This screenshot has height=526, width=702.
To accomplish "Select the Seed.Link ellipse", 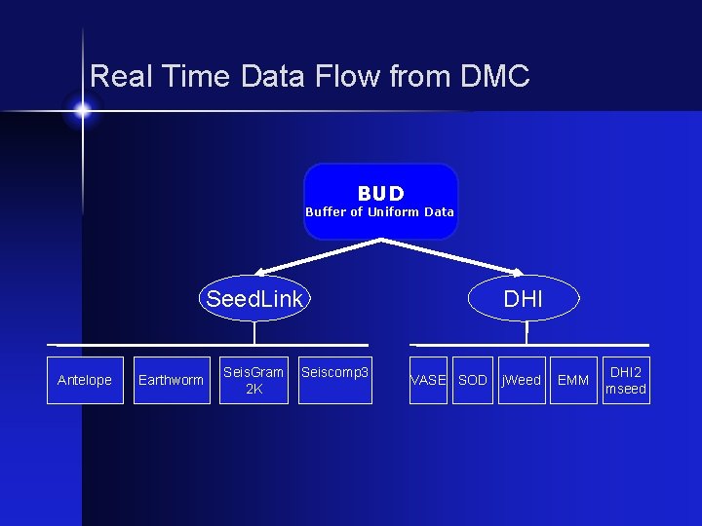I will [254, 299].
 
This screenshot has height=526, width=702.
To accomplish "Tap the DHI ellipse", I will [524, 299].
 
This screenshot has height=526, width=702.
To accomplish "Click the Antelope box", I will [85, 380].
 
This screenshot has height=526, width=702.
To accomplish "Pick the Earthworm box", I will [172, 380].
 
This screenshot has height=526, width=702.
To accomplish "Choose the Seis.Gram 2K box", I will [253, 380].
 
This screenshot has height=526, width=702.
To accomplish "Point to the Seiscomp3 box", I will [335, 380].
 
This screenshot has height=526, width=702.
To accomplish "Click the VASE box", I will [428, 380].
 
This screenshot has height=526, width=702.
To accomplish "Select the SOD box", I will [472, 380].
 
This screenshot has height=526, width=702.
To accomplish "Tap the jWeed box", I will [521, 380].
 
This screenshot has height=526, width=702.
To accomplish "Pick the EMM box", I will [572, 380].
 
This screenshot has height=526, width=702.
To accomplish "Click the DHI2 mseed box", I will [626, 380].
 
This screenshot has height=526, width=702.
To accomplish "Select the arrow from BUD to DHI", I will [453, 255].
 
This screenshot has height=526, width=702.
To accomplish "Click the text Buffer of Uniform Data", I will [379, 211].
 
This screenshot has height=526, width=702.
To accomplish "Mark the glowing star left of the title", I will [83, 110].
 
